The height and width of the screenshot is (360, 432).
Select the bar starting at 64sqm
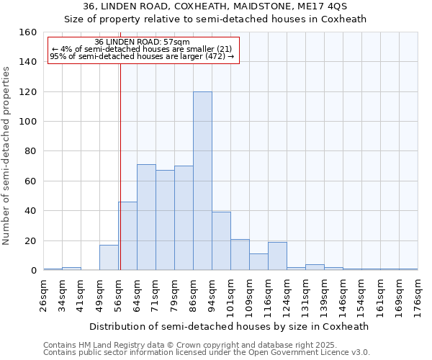click(x=146, y=217)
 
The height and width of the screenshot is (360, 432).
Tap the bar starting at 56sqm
click(x=127, y=236)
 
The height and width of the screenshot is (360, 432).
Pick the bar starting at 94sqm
click(x=221, y=241)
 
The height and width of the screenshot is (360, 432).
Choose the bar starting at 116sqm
click(x=277, y=256)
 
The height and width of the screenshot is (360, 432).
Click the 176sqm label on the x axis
click(x=418, y=296)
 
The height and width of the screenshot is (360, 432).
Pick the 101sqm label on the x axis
click(x=230, y=296)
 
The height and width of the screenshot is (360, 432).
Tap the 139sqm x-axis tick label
click(x=324, y=296)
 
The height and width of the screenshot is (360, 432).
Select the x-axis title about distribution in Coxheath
click(x=230, y=326)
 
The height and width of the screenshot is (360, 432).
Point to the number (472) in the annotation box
click(x=216, y=55)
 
